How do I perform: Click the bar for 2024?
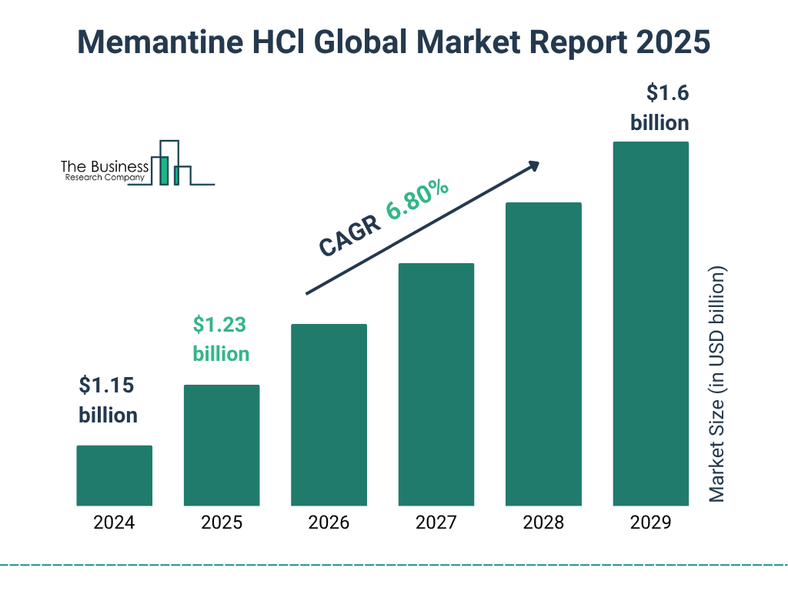click(x=114, y=476)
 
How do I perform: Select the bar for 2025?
click(x=222, y=445)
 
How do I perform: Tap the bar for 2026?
click(x=329, y=415)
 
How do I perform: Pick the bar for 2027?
click(x=436, y=384)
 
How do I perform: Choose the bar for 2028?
click(x=543, y=354)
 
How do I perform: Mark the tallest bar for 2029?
click(x=650, y=323)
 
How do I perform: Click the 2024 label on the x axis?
click(x=114, y=523)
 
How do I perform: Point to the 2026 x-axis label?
click(x=329, y=523)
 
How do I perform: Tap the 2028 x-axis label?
click(x=543, y=523)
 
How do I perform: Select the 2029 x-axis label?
click(x=650, y=523)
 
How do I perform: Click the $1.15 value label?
click(x=108, y=386)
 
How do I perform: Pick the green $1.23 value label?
click(x=220, y=325)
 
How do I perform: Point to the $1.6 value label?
click(x=666, y=94)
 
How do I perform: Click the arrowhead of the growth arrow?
click(x=533, y=165)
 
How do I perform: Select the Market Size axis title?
click(x=717, y=385)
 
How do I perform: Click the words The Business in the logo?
click(x=105, y=166)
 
